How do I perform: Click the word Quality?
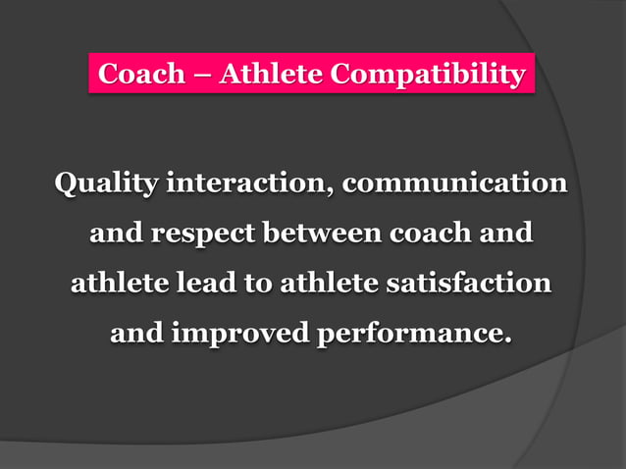point(106,183)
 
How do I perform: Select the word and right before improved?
point(136,335)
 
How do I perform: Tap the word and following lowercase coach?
point(506,234)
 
